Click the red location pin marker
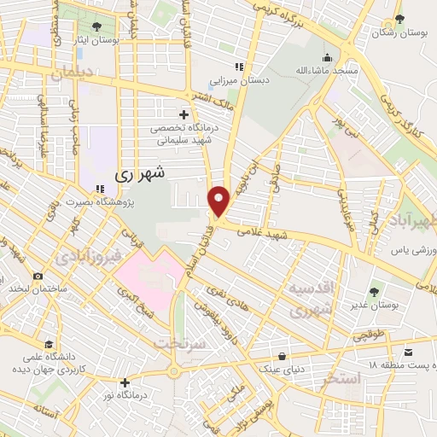coord(219,201)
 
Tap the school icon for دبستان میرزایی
coord(240,67)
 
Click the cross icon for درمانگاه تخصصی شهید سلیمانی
coord(184,114)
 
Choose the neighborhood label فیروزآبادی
coord(90,255)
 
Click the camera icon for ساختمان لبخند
coord(38,276)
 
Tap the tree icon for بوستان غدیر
coord(376,294)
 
